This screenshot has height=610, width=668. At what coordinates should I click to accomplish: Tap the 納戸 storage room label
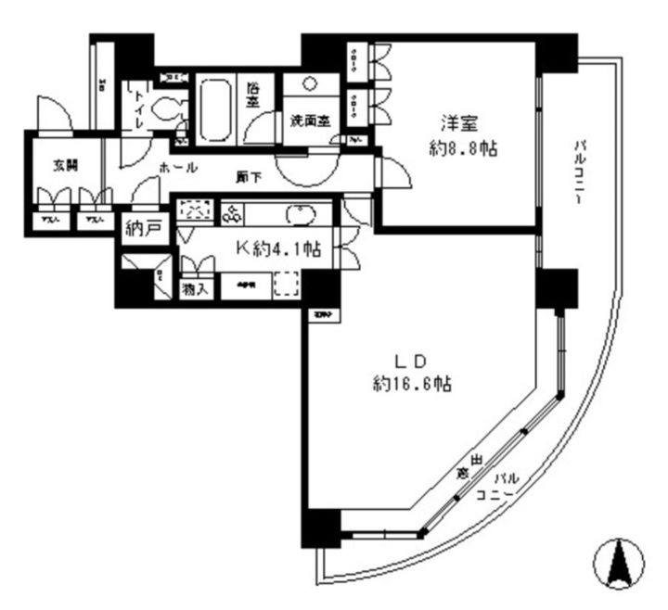(x=145, y=229)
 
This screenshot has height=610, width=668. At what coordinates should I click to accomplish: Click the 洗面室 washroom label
(x=309, y=120)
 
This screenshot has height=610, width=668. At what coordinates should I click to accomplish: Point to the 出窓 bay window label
(x=468, y=468)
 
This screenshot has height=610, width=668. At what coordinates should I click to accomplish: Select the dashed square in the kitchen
(x=287, y=284)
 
